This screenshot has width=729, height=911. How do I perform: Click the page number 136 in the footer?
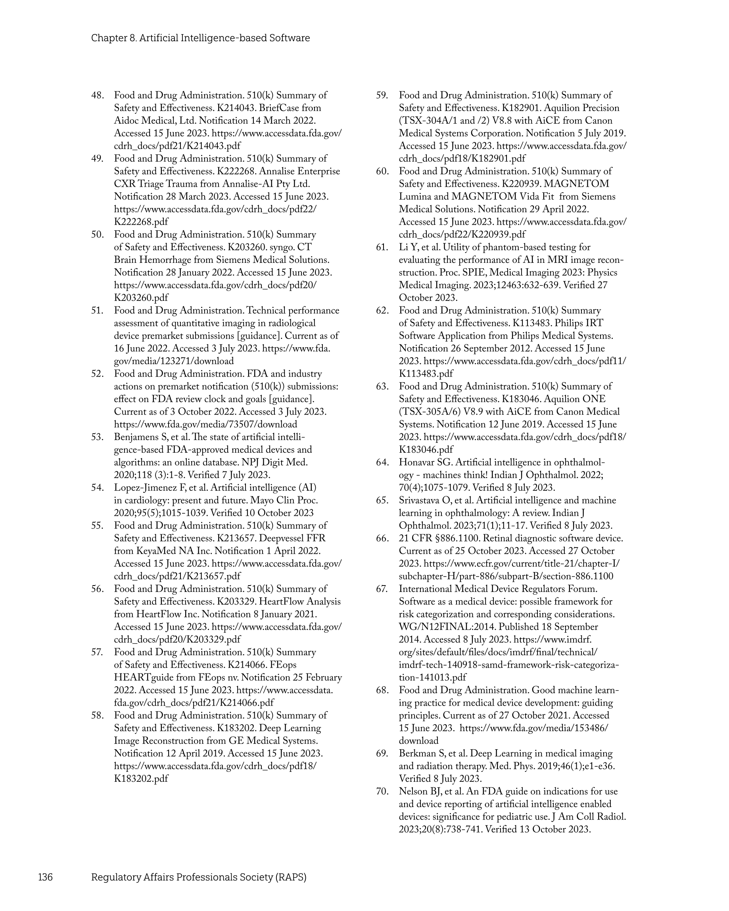click(45, 877)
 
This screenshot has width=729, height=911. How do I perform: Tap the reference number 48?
click(97, 96)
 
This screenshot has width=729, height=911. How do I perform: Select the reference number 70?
click(382, 791)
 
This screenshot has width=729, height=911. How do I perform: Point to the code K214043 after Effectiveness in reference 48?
click(234, 108)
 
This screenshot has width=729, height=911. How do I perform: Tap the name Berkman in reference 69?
click(416, 753)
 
